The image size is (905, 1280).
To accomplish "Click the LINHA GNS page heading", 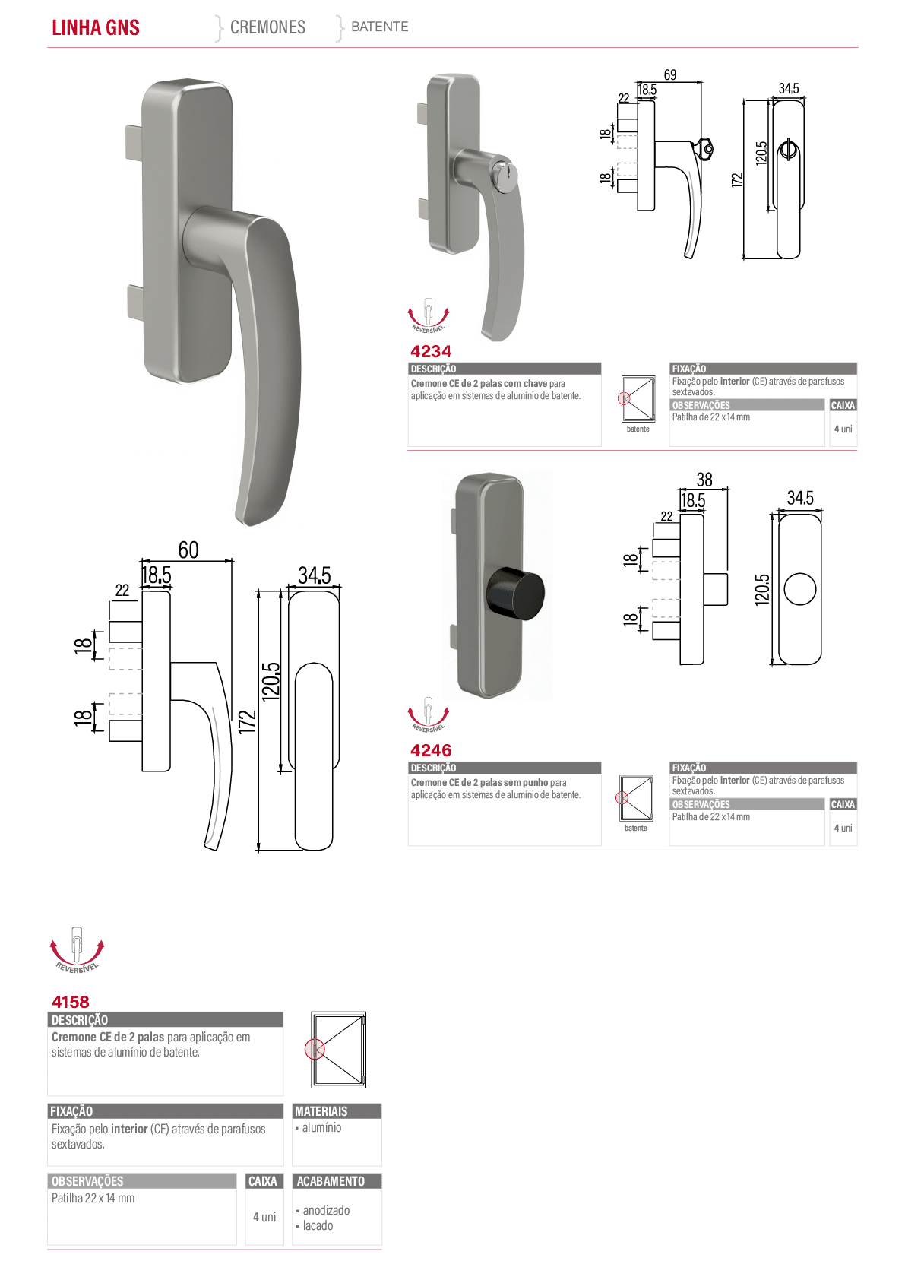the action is pos(96,27).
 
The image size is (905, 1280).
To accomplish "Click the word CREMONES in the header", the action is pos(267,27).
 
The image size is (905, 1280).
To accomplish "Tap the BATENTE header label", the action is pos(379,27).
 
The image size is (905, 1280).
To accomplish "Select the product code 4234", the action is pos(431,351).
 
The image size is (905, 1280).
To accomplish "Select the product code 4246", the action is pos(431,749).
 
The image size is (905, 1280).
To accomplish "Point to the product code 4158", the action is pos(70,1002).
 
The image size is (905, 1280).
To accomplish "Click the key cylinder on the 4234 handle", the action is pos(505,171).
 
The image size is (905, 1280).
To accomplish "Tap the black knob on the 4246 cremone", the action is pos(514,593).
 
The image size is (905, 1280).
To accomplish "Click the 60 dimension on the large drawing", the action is pos(188,550).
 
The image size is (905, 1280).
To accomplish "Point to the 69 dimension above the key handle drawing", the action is pos(670,74).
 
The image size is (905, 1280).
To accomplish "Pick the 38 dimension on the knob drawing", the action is pos(704,480).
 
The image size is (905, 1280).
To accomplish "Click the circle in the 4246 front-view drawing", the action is pos(800,588).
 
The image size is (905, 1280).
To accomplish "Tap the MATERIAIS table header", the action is pos(321,1110).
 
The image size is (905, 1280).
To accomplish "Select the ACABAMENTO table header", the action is pos(331,1180).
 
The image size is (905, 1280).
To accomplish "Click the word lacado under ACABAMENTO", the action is pos(318,1225).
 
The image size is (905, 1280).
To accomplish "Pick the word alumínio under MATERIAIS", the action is pos(321,1127).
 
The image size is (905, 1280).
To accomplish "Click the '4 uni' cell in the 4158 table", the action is pos(264,1217).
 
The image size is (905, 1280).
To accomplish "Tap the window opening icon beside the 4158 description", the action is pos(337,1049).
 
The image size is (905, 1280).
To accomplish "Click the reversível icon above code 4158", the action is pos(78,949).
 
